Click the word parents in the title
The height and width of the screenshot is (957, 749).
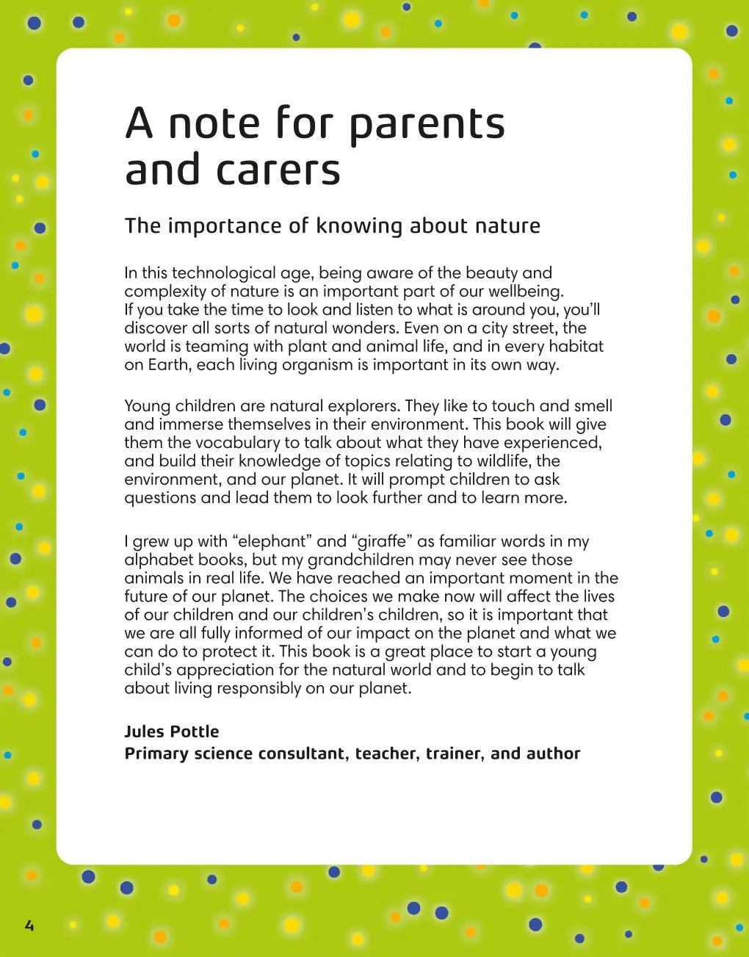pyautogui.click(x=427, y=124)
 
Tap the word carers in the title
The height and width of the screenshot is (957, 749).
pyautogui.click(x=278, y=170)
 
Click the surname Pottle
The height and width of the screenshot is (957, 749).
pyautogui.click(x=195, y=732)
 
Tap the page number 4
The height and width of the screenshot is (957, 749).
pyautogui.click(x=29, y=925)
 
